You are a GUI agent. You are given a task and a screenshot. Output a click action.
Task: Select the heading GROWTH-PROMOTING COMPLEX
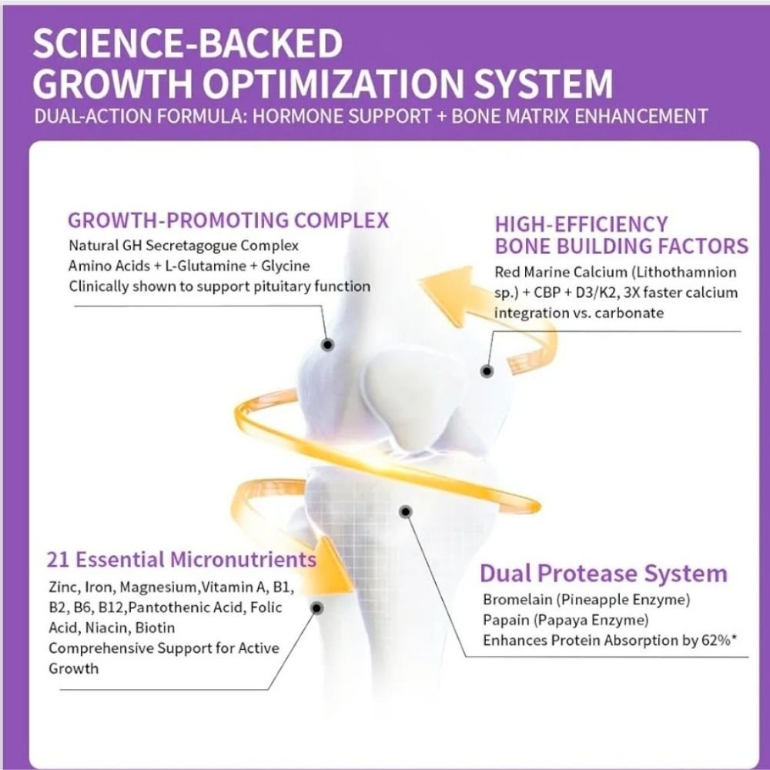coord(229,220)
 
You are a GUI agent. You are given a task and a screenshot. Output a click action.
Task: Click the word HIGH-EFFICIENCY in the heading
coord(581,224)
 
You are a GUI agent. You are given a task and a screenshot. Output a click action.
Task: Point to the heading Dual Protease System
coord(603,574)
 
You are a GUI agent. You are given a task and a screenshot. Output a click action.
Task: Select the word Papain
coord(505,620)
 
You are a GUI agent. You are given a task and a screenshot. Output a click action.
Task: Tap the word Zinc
coord(62,588)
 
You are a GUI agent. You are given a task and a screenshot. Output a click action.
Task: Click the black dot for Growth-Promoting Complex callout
coord(327,346)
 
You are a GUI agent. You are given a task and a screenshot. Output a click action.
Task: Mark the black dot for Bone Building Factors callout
coord(487,371)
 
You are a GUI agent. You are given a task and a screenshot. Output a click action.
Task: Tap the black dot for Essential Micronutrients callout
coord(317,609)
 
